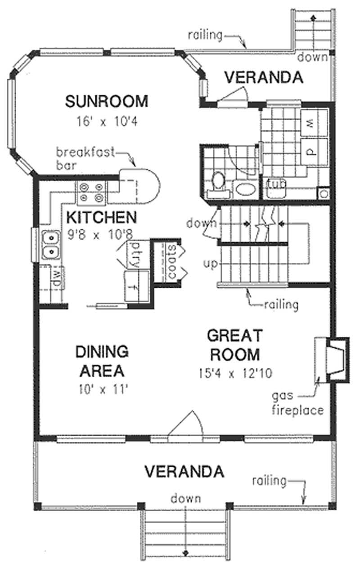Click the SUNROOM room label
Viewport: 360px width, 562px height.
[x=106, y=101]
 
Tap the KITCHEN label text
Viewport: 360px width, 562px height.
[x=101, y=217]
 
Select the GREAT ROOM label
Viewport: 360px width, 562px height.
[x=234, y=344]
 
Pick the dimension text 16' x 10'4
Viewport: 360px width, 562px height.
[x=106, y=121]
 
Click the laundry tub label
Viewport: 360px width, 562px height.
[x=274, y=185]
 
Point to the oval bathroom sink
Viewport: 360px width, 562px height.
[x=245, y=189]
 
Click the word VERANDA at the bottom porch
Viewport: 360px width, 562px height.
[x=184, y=472]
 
